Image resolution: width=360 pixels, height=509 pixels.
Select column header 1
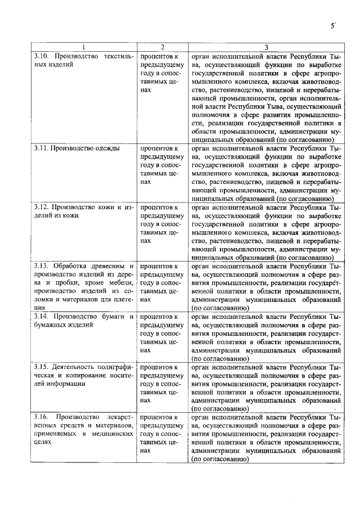83,47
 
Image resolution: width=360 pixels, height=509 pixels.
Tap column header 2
162,47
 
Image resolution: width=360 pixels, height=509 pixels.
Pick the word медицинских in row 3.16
111,434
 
